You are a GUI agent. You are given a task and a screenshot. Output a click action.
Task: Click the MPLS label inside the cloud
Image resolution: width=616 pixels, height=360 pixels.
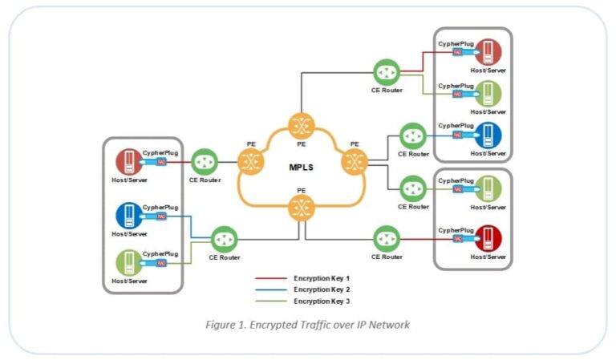[301, 168]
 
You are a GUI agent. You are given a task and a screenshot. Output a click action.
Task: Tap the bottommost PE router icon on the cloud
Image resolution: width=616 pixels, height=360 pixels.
[302, 209]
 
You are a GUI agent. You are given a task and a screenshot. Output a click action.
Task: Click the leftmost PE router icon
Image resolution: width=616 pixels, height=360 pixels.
[251, 163]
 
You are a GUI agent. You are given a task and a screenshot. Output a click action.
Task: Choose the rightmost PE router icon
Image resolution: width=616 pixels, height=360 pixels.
[354, 163]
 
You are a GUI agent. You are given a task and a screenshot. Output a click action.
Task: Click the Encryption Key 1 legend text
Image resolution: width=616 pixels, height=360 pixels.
[322, 278]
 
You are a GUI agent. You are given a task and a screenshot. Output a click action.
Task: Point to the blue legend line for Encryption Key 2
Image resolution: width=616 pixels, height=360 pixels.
[271, 289]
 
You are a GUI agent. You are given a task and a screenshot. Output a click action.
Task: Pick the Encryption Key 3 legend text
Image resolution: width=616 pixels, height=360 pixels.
[322, 300]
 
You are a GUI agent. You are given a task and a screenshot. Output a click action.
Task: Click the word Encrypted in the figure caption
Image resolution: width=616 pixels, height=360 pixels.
[269, 325]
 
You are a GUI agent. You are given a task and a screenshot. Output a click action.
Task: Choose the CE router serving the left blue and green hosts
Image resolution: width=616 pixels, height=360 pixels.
[224, 239]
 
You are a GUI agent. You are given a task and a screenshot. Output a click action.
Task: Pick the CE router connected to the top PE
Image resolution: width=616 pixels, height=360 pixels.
[387, 73]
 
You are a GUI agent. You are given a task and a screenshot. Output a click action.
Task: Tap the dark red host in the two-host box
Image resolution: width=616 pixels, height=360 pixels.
[488, 238]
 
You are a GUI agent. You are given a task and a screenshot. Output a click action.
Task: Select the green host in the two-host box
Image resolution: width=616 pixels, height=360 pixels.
[488, 189]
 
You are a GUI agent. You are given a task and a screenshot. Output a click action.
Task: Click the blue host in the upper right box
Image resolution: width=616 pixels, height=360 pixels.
[488, 135]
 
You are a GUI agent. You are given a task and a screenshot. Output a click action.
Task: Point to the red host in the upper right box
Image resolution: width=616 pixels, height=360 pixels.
[488, 52]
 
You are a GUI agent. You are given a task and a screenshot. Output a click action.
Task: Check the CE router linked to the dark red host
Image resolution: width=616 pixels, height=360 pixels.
[387, 238]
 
